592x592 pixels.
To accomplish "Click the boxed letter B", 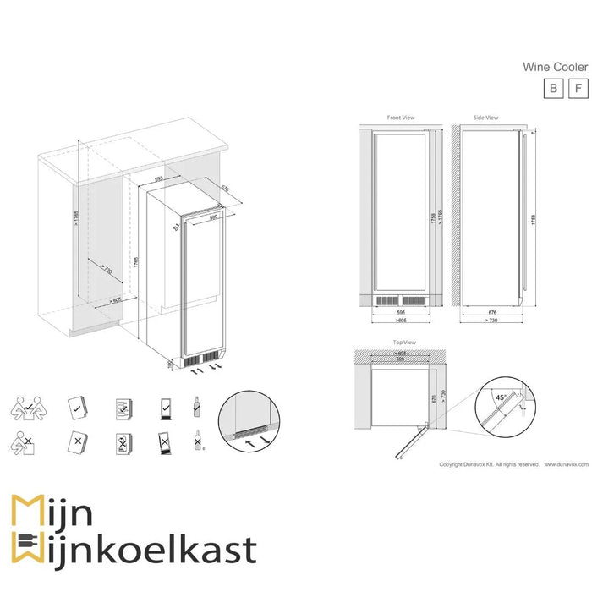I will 552,88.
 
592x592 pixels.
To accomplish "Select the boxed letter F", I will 578,88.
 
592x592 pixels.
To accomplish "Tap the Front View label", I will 399,118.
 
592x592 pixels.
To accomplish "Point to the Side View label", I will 485,118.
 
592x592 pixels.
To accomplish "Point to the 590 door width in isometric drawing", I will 214,217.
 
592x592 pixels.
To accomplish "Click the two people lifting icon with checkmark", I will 26,408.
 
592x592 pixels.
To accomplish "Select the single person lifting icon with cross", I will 25,441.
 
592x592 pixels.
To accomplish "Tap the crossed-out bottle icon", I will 198,440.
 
